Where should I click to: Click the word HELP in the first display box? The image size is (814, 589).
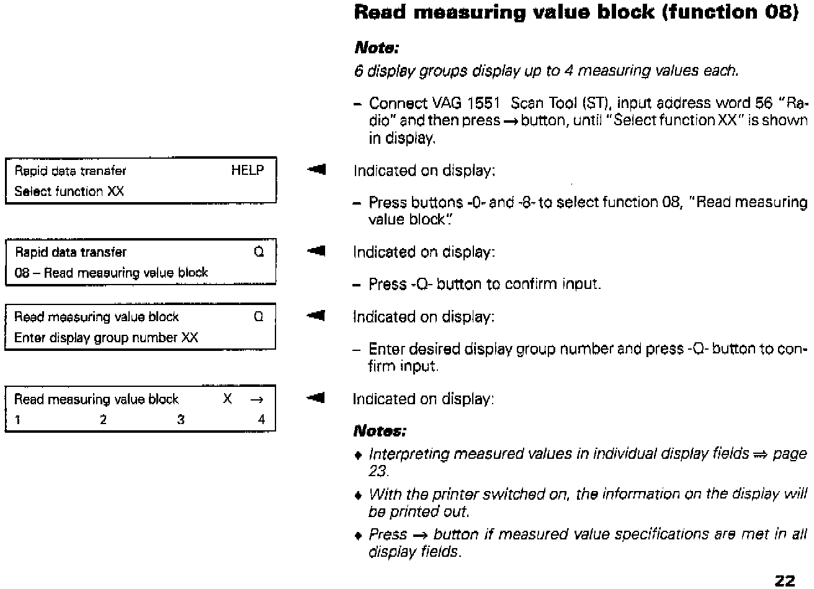[247, 170]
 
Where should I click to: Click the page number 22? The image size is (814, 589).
[785, 580]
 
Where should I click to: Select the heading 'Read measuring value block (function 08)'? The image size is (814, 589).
[575, 12]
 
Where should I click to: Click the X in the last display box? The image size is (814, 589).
[228, 399]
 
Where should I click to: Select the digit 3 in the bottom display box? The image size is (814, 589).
[181, 420]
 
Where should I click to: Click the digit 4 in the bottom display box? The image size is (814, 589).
[261, 420]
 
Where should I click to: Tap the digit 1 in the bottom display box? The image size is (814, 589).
[18, 420]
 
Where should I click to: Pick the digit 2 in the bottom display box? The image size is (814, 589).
[103, 420]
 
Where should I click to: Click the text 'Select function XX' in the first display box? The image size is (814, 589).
[69, 192]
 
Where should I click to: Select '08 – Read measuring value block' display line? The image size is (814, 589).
[111, 273]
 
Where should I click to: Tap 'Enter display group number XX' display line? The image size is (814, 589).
[106, 338]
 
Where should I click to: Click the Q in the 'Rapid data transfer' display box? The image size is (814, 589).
[259, 252]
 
